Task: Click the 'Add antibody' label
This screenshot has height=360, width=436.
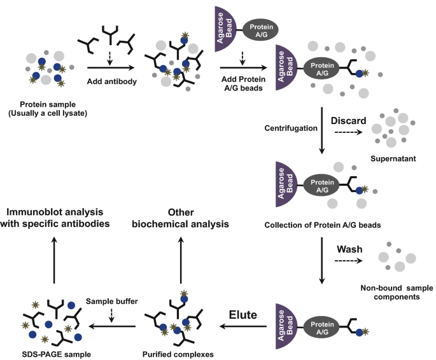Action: [x=112, y=81]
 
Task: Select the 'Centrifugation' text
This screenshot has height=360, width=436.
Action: [x=291, y=128]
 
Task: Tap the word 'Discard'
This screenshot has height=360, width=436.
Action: [x=348, y=121]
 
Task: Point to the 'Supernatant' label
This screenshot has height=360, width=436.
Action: [x=393, y=158]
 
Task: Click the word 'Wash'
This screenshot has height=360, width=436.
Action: [x=349, y=249]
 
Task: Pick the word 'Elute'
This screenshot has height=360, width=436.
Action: [x=243, y=315]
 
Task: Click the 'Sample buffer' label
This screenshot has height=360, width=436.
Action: [x=112, y=301]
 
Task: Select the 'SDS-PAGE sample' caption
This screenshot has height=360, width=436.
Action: [x=57, y=354]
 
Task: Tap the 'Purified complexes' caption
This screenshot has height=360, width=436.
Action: [x=178, y=354]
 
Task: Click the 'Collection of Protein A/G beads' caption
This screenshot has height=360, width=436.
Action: [x=323, y=225]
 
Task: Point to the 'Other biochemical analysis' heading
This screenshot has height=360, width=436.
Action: [x=181, y=218]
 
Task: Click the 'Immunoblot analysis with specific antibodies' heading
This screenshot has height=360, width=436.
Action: [x=55, y=218]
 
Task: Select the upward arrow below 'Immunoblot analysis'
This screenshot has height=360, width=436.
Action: [x=54, y=260]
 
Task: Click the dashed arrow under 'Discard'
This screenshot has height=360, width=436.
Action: [x=348, y=132]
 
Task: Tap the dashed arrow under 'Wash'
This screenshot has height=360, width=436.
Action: [x=348, y=261]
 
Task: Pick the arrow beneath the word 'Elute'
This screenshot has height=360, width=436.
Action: [x=243, y=326]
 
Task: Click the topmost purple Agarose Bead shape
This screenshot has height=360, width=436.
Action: [x=225, y=29]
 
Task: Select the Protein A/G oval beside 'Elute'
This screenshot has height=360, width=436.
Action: [x=321, y=328]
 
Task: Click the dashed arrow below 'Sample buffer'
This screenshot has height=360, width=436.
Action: [x=111, y=315]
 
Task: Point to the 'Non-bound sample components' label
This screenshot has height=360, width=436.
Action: [x=397, y=292]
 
